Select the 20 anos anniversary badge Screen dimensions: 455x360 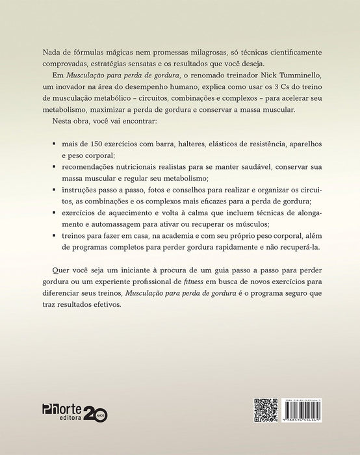(x=96, y=414)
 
